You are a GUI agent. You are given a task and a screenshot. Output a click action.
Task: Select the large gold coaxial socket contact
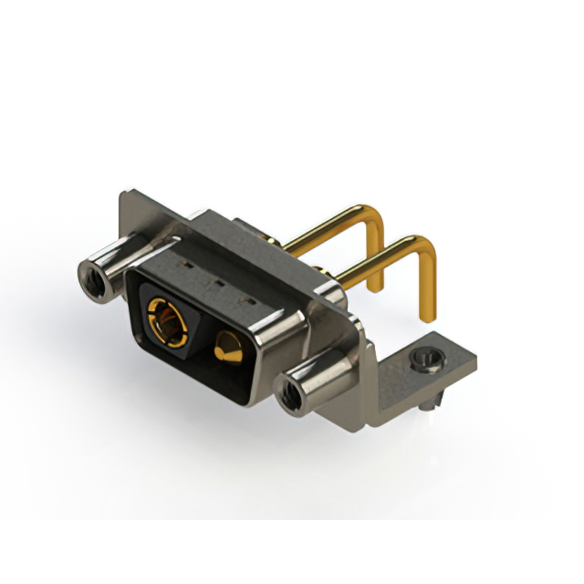pyautogui.click(x=166, y=318)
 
